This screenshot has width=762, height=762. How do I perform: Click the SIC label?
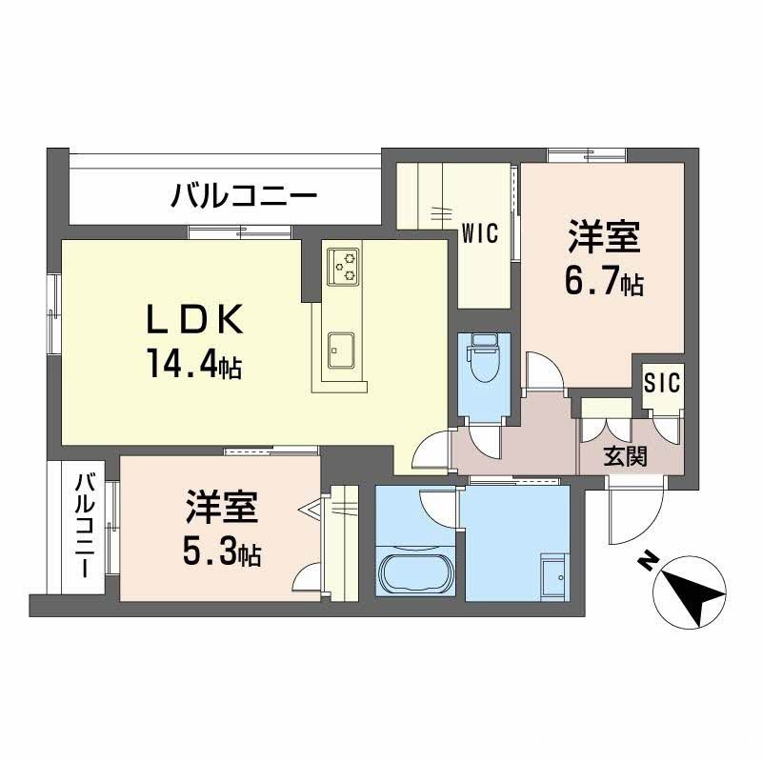coord(662,383)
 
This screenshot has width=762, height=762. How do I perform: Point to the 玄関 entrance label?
coord(626,455)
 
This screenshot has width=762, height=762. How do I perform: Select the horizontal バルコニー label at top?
coord(244,197)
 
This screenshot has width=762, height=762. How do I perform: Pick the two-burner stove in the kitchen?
coord(343,266)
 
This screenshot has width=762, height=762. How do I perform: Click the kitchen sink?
coord(341,350)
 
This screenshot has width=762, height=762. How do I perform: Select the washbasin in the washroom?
coord(552,577)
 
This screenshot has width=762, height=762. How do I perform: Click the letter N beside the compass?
coord(647,563)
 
